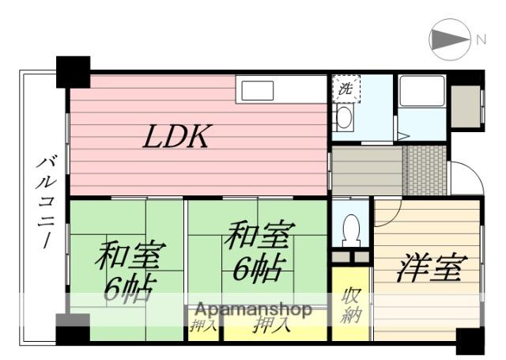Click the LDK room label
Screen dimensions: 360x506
176,138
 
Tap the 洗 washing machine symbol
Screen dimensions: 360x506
346,89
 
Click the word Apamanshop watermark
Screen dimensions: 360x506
253,309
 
